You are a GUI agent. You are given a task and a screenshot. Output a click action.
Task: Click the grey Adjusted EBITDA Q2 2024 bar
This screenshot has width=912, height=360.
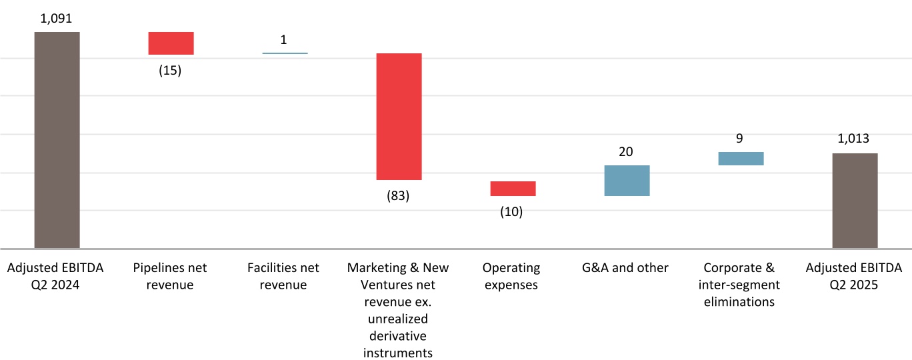tap(57, 140)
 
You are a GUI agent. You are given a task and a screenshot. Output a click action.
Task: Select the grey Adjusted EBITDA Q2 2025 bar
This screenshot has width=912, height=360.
tap(855, 201)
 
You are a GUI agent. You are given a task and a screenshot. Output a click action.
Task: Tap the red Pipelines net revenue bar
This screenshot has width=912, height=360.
tap(171, 43)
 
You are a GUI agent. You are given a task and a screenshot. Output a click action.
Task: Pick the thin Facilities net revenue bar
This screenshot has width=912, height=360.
tap(285, 53)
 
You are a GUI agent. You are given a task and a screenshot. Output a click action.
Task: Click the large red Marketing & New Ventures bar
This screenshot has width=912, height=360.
tap(399, 117)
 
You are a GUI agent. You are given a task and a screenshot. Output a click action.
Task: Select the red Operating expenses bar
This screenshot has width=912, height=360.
tap(513, 189)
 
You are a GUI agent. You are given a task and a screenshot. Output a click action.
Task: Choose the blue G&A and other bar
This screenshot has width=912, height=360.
tap(627, 181)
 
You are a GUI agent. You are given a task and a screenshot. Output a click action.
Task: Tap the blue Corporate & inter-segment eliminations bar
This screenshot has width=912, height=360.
tap(741, 158)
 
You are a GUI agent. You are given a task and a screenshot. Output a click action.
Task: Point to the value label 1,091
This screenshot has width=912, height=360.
tap(56, 19)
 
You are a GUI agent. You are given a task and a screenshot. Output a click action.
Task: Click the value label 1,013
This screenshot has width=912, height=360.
tap(854, 139)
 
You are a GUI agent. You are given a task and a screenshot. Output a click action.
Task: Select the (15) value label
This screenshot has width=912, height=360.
tap(170, 70)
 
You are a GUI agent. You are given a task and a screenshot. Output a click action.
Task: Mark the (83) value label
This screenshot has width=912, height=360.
tap(398, 196)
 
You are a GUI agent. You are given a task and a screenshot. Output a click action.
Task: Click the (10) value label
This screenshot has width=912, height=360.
tap(512, 212)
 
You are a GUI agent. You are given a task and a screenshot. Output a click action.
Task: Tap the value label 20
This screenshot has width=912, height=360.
tap(626, 151)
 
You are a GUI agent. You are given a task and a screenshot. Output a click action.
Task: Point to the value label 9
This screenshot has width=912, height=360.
tap(740, 139)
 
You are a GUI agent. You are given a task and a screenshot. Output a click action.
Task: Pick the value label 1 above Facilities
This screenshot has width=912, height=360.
tap(284, 40)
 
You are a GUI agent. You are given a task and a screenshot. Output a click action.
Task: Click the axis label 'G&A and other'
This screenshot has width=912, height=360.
tap(625, 268)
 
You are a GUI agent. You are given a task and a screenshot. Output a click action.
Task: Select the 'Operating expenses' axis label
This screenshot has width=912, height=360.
tap(511, 276)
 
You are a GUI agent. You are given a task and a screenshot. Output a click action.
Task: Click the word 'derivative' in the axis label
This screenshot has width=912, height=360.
tap(398, 336)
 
